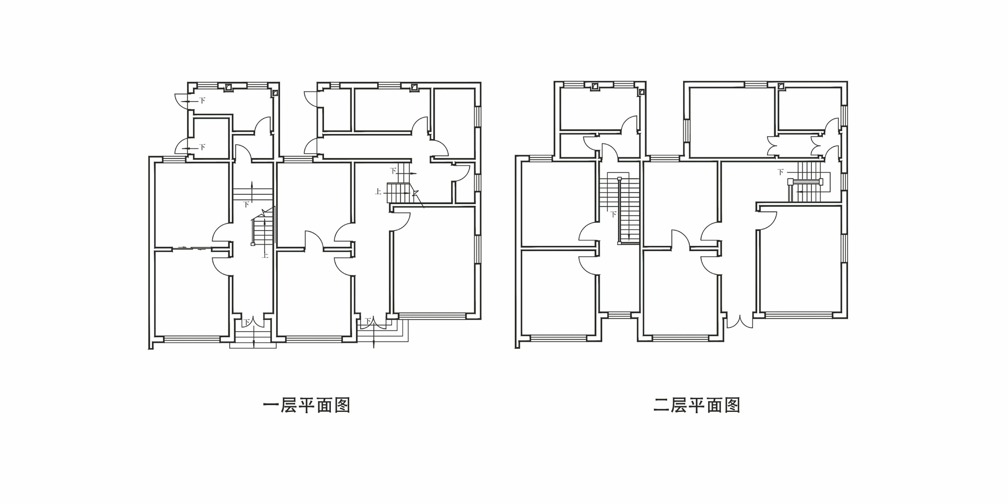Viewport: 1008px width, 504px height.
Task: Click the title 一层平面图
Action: (x=306, y=406)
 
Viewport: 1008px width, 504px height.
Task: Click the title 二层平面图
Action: (x=697, y=405)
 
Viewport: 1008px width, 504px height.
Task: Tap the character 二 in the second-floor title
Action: (x=661, y=405)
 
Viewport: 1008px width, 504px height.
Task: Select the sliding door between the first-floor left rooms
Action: (x=192, y=248)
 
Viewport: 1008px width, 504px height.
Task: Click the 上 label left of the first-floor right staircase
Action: (x=378, y=192)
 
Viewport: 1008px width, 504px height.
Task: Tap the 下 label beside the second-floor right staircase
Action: (x=780, y=172)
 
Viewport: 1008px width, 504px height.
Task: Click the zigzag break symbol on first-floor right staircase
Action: (x=415, y=193)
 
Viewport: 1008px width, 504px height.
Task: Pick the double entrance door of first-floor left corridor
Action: (x=254, y=321)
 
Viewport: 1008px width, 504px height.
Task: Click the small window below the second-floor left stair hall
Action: (x=619, y=315)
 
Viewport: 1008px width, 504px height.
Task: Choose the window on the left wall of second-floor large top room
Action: (x=687, y=130)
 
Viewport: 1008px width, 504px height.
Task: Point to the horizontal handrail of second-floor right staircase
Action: (x=805, y=182)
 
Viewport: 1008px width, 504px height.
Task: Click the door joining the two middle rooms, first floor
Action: (x=314, y=240)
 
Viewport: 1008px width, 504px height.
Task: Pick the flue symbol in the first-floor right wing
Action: (x=414, y=87)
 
